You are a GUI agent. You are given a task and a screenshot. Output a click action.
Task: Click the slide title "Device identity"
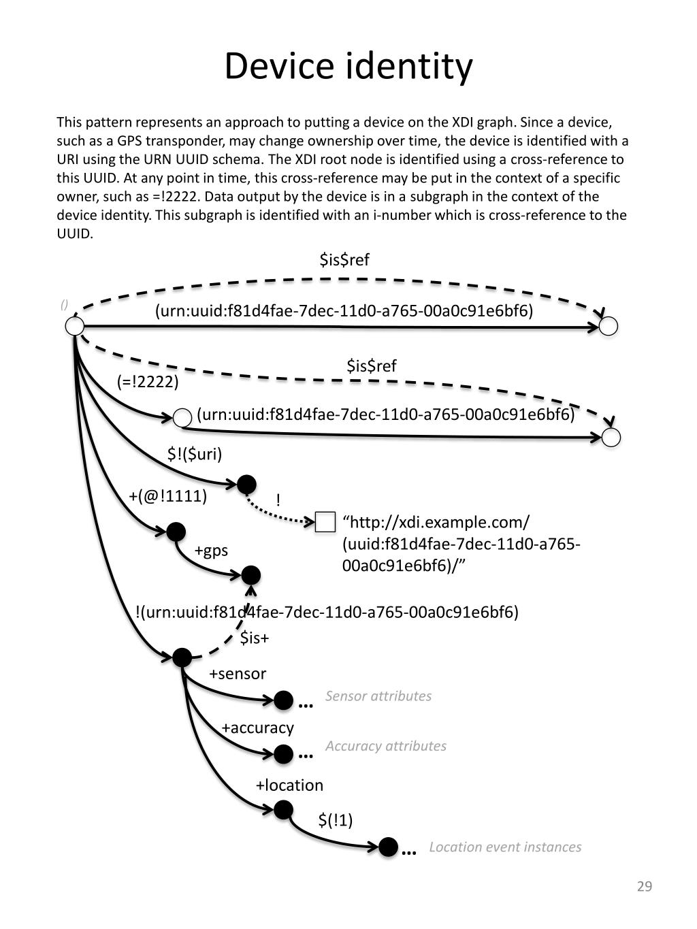point(348,67)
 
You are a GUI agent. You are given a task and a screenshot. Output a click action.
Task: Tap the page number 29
point(644,885)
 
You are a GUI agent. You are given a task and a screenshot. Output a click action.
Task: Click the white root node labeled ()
point(74,326)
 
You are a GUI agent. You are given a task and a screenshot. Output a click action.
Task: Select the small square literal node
point(326,522)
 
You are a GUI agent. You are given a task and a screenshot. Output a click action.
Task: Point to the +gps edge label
point(211,550)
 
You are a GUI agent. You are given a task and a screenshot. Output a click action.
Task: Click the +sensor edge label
point(237,674)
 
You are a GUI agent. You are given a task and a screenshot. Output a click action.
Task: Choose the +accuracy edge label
point(257,728)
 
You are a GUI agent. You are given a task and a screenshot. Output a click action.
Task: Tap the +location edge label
point(289,785)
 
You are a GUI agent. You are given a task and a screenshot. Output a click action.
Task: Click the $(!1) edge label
point(336,820)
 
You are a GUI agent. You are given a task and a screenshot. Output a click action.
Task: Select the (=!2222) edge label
point(148,382)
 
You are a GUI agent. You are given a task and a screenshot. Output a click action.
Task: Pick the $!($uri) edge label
point(195,454)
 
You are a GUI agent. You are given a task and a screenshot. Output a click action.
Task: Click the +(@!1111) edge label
point(167,495)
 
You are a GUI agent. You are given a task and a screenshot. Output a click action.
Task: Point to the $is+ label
point(255,638)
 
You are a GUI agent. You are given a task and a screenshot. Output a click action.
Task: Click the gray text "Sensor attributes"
point(378,696)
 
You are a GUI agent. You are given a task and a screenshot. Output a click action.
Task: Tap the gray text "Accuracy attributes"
point(386,746)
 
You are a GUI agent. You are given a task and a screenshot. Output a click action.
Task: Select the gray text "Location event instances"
point(505,847)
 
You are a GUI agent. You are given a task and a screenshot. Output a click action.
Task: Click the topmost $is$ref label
point(344,259)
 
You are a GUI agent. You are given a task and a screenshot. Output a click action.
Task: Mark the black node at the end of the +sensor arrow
point(283,700)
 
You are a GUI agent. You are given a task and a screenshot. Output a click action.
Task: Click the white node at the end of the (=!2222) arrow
point(182,418)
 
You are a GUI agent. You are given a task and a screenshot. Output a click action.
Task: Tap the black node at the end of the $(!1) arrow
point(388,847)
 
